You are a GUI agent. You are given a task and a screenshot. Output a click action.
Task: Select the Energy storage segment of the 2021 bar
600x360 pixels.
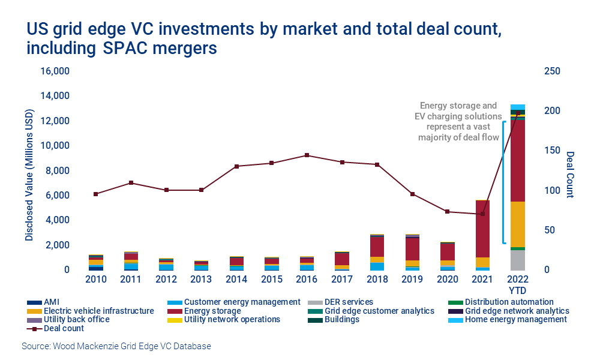483,229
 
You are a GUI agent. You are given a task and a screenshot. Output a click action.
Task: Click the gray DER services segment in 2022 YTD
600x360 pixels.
518,260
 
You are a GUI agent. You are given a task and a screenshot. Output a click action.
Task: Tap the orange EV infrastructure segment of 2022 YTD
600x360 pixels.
518,224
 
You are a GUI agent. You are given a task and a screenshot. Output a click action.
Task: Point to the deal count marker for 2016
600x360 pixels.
307,155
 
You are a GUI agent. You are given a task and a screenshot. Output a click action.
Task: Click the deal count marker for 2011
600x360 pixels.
131,183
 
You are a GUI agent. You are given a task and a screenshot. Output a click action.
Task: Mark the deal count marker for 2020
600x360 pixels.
448,212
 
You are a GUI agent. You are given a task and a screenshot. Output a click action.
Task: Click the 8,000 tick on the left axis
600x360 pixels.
58,171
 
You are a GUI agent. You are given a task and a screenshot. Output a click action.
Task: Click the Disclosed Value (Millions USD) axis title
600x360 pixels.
29,171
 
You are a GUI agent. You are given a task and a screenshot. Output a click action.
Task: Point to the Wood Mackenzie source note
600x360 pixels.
116,346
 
